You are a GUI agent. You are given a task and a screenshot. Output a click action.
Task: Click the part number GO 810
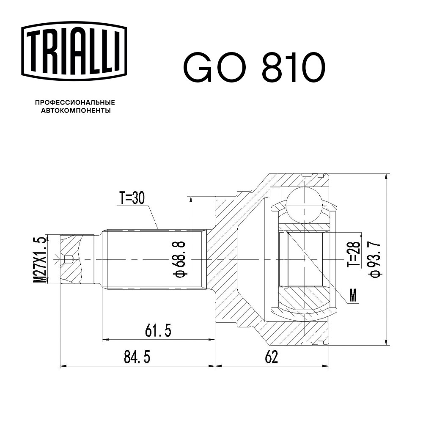(x=254, y=68)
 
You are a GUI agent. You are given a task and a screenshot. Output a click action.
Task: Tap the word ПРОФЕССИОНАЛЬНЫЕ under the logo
(x=75, y=102)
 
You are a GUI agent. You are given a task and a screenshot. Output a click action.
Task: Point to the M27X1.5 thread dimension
(x=41, y=259)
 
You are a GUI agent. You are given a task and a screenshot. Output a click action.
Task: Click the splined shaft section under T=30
(x=154, y=259)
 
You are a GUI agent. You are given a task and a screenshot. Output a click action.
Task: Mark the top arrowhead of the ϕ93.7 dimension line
(x=386, y=177)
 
